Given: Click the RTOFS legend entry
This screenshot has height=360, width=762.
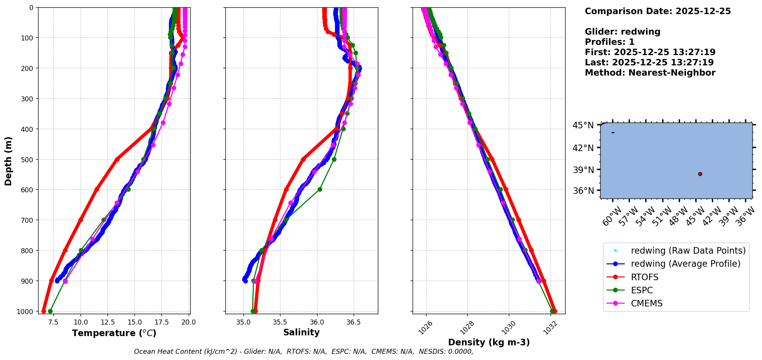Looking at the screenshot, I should coord(645,277).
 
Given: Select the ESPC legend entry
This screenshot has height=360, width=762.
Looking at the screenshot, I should coord(642,290).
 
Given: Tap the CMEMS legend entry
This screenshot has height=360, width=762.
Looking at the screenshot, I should coord(646,303).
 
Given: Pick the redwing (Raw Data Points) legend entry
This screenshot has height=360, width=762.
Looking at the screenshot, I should coord(688,251).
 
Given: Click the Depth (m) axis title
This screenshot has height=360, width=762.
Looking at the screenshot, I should coord(8,161).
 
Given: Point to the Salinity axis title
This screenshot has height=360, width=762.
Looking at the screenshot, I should coord(301,333).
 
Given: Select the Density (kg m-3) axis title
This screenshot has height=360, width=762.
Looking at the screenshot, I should coord(489,342).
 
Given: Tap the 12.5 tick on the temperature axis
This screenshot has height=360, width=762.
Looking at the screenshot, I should coord(107,322).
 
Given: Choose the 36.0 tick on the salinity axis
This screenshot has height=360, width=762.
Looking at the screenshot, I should coord(317,322).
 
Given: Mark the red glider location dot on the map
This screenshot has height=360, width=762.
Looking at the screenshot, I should coord(700,174).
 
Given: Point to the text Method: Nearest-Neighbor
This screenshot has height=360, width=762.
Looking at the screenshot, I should coord(650,73).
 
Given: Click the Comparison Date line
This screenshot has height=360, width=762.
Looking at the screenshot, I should coord(658,11).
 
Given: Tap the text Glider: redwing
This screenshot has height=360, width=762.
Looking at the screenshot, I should coord(623,32).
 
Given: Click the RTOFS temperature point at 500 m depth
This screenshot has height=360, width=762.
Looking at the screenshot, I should coord(117,159).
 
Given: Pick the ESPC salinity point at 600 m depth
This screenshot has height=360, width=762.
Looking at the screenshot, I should coord(320,189).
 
